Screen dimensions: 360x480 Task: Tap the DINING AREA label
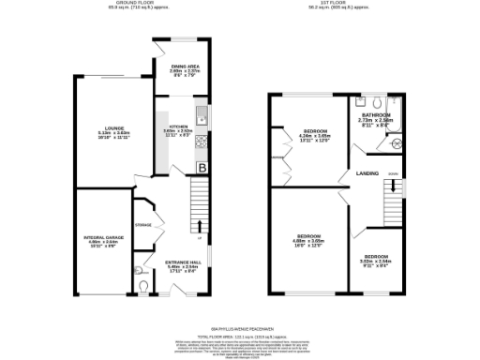click(x=183, y=66)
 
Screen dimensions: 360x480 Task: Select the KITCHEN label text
click(x=178, y=126)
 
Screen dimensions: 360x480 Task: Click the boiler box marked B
click(x=202, y=168)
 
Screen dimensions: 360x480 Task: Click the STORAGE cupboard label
click(x=143, y=225)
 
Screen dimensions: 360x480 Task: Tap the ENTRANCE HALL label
click(x=183, y=262)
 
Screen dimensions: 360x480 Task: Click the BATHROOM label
click(x=374, y=114)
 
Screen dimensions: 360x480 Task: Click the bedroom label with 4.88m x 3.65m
click(x=310, y=234)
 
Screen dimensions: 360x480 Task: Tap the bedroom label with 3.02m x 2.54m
click(x=377, y=256)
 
